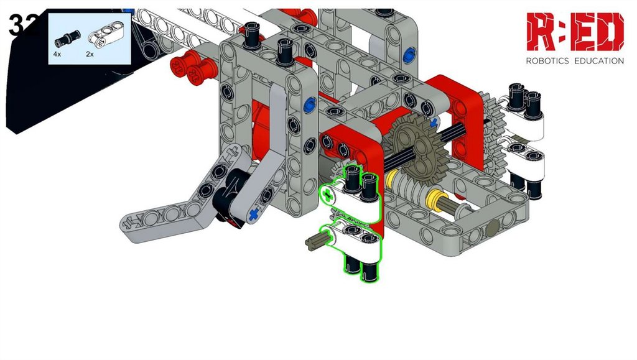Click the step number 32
pyautogui.click(x=24, y=24)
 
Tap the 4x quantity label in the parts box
pyautogui.click(x=57, y=54)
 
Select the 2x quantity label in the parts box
pyautogui.click(x=90, y=54)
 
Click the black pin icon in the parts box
pyautogui.click(x=67, y=38)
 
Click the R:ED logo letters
pyautogui.click(x=575, y=32)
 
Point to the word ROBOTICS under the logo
pyautogui.click(x=547, y=61)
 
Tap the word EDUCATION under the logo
pyautogui.click(x=599, y=61)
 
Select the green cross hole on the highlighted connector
pyautogui.click(x=327, y=197)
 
